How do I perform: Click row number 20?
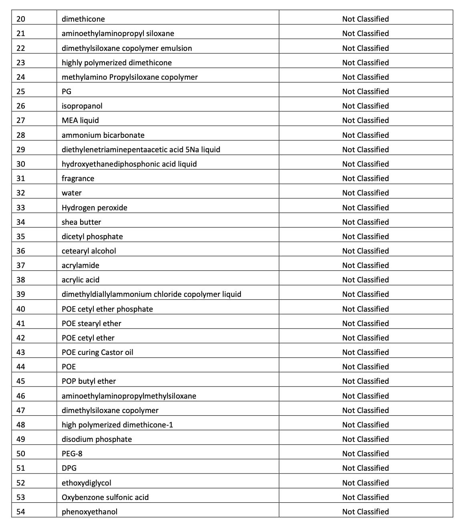pos(21,19)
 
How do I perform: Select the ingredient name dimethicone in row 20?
pos(83,19)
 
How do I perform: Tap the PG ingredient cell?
pos(67,92)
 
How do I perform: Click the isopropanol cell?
pos(82,106)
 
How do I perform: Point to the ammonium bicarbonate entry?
pos(103,135)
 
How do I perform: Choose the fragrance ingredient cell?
pos(78,179)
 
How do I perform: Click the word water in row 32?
pos(71,193)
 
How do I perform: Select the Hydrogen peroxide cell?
pos(94,208)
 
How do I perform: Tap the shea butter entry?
pos(81,222)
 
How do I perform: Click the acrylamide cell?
pos(80,266)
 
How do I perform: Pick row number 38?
pos(21,280)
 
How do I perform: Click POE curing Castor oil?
pos(97,353)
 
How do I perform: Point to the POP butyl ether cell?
pos(89,381)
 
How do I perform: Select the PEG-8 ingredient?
pos(72,454)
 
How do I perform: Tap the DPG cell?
pos(69,468)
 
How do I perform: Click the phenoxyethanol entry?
pos(89,512)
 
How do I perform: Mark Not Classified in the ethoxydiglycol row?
pos(365,483)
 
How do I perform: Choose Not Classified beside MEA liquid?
pos(365,121)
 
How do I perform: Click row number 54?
pos(21,512)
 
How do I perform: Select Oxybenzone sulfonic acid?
pos(105,498)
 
